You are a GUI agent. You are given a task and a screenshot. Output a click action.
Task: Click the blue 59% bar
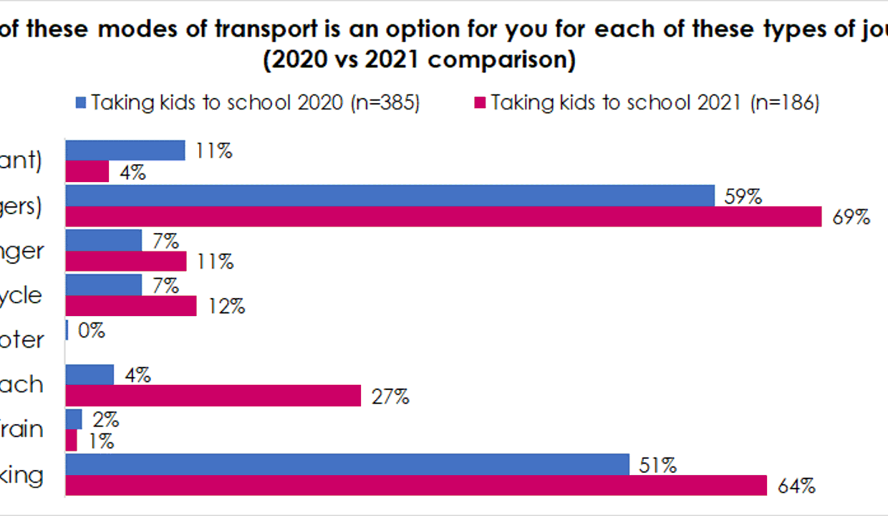pyautogui.click(x=390, y=196)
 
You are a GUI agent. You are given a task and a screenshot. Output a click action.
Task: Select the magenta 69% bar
pyautogui.click(x=443, y=216)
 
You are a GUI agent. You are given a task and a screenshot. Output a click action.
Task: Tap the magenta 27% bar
pyautogui.click(x=213, y=396)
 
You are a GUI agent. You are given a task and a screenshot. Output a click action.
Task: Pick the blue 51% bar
pyautogui.click(x=347, y=464)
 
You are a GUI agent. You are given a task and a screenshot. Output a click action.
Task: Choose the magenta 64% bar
pyautogui.click(x=416, y=485)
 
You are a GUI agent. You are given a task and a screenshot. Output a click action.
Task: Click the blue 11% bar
pyautogui.click(x=125, y=150)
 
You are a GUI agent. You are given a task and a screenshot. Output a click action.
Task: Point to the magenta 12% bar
pyautogui.click(x=131, y=306)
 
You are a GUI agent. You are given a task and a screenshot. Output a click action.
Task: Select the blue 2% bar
pyautogui.click(x=74, y=419)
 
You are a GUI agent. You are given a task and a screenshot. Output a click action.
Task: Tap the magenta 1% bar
pyautogui.click(x=71, y=441)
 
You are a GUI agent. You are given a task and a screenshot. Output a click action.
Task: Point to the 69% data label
pyautogui.click(x=851, y=218)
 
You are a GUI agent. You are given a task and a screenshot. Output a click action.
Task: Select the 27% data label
pyautogui.click(x=391, y=396)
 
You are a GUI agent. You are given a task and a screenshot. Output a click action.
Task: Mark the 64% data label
pyautogui.click(x=797, y=487)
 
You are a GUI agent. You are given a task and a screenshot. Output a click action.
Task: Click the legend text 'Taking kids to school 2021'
pyautogui.click(x=616, y=103)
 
